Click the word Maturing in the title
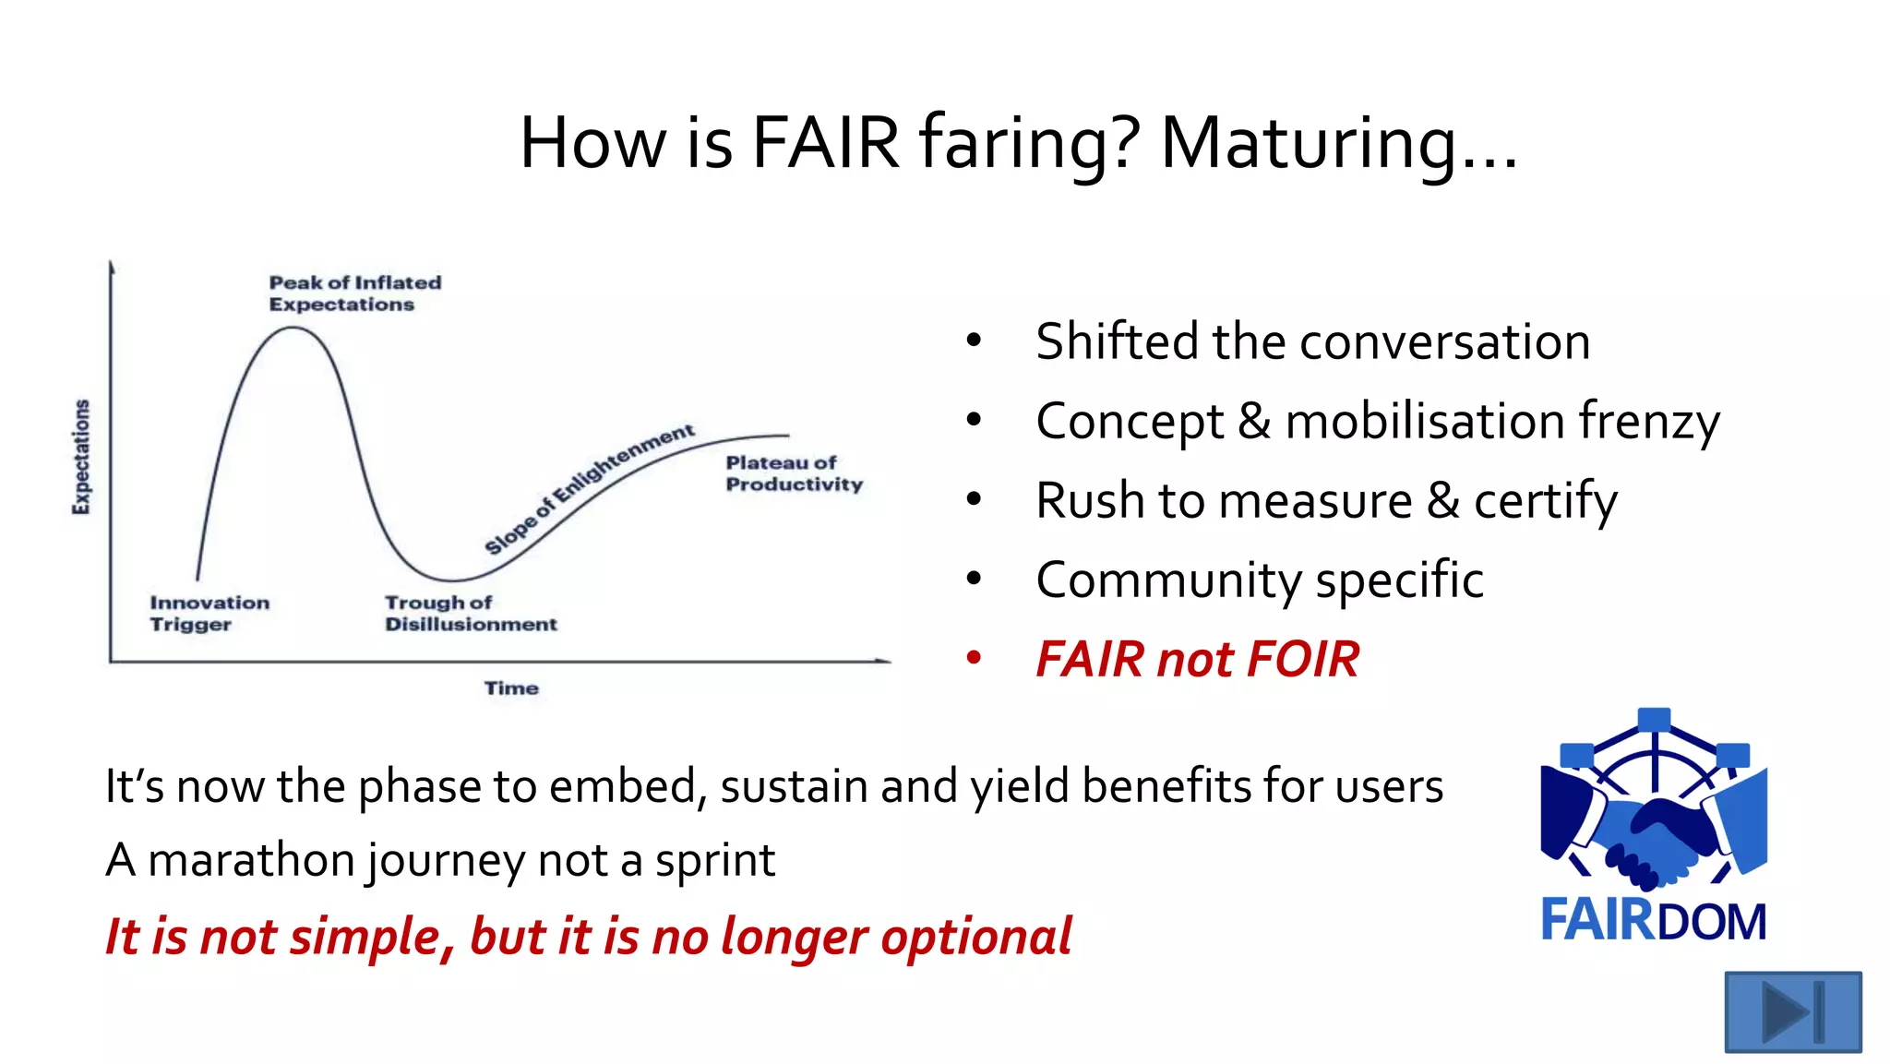tap(1338, 144)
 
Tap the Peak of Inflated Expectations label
tap(354, 293)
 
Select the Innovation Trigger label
tap(209, 614)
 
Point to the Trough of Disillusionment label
tap(470, 614)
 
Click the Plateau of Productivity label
tap(793, 473)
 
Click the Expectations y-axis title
tap(82, 457)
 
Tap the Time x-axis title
tap(511, 688)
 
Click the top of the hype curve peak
tap(293, 328)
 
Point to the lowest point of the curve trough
tap(452, 580)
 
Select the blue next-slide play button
tap(1792, 1011)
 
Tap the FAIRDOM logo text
tap(1653, 920)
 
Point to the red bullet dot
tap(974, 658)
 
